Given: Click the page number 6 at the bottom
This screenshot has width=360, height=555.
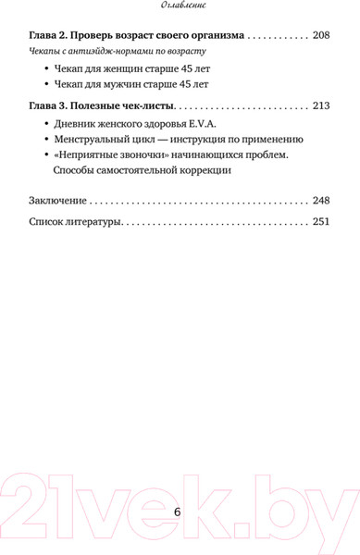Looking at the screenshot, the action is click(x=179, y=514).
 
